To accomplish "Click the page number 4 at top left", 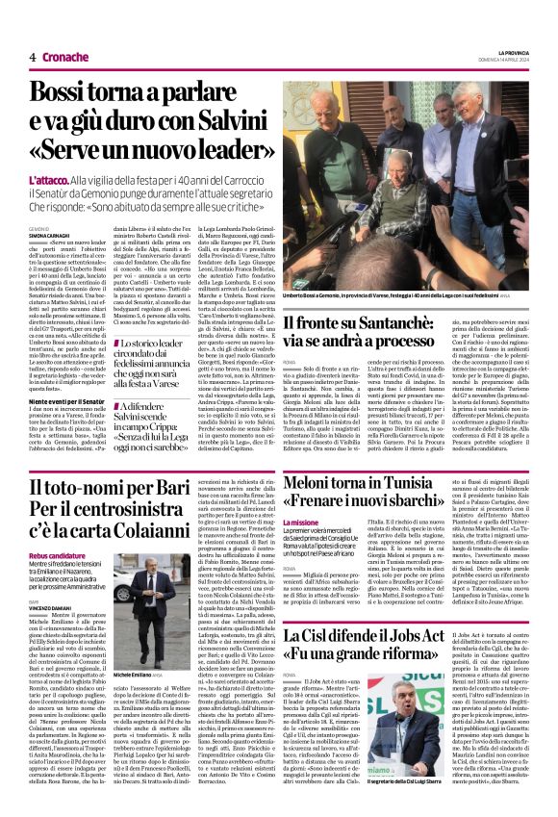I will coord(33,57).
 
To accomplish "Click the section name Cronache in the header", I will coord(64,57).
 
